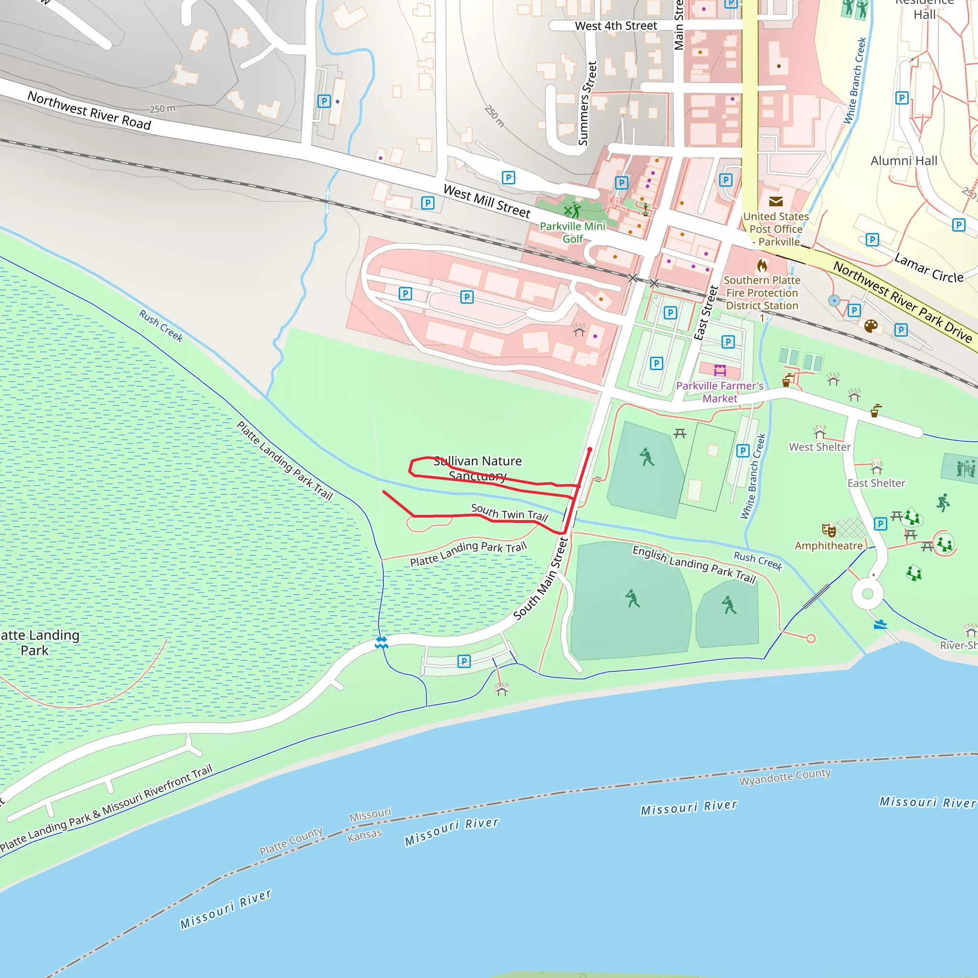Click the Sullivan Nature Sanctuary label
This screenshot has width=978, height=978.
coord(478,468)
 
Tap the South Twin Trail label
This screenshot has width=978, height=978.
coord(509,513)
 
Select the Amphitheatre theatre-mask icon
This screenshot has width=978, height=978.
coord(829,530)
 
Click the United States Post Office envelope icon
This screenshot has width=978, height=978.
coord(776,202)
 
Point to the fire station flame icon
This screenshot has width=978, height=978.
coord(762,266)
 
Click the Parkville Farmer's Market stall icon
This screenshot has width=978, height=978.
coord(720,370)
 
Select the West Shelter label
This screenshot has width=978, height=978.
coord(819,447)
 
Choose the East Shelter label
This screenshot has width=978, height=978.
coord(876,483)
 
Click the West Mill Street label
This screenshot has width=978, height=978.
coord(487,201)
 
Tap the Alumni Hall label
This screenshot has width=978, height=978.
coord(904,160)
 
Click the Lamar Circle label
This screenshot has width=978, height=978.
coord(928,268)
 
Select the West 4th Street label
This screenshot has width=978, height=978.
coord(616,26)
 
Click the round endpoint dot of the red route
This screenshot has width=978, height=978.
coord(590,449)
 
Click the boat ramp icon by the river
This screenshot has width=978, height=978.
coord(880,624)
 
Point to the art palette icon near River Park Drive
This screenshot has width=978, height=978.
coord(871,326)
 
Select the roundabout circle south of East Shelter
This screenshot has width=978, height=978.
coord(868,594)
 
